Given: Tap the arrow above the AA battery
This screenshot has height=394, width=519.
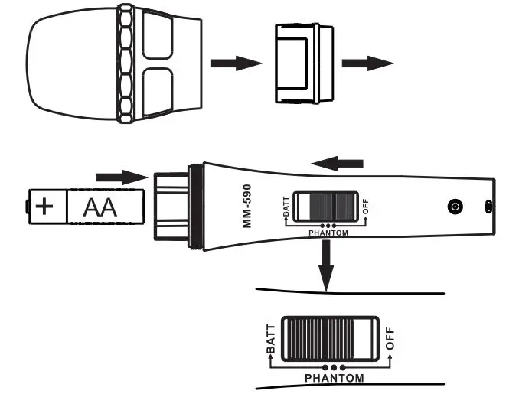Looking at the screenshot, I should (121, 177).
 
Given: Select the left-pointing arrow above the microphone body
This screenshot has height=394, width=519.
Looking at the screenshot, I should (338, 162).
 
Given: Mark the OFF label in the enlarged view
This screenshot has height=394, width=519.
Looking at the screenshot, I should (391, 339).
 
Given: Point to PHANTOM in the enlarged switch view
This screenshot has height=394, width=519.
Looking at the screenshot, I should (335, 378).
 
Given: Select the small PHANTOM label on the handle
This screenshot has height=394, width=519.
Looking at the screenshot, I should (327, 231).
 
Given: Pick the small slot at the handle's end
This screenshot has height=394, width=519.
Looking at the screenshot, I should (488, 207).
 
